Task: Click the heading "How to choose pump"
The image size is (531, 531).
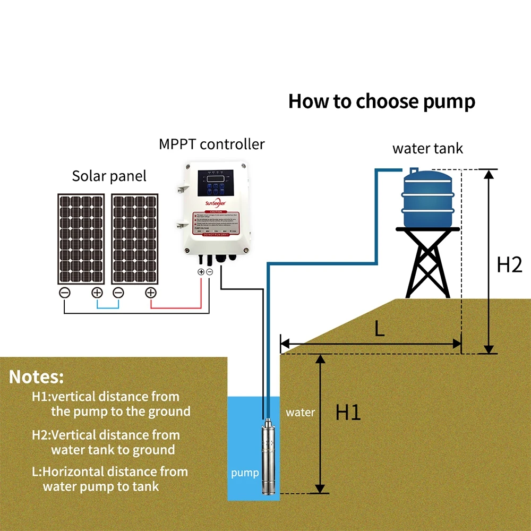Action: point(381,101)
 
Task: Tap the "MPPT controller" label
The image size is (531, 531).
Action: point(211,144)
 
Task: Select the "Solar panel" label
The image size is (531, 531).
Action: point(109,176)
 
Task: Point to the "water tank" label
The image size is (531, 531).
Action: point(427,148)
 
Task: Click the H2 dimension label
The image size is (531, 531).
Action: point(509,264)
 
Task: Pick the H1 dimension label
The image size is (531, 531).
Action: point(348,413)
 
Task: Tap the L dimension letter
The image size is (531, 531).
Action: point(379,329)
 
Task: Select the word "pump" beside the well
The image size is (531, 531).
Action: point(245,473)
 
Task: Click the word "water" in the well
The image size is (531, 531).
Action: point(301,412)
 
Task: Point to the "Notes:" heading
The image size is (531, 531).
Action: point(37,377)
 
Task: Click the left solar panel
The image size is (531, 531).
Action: point(82,238)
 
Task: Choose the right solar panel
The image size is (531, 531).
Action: point(135,238)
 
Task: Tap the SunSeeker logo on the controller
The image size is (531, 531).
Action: point(215,202)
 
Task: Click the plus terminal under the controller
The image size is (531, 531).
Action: point(201,272)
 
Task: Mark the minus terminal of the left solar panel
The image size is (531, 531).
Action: point(64,292)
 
